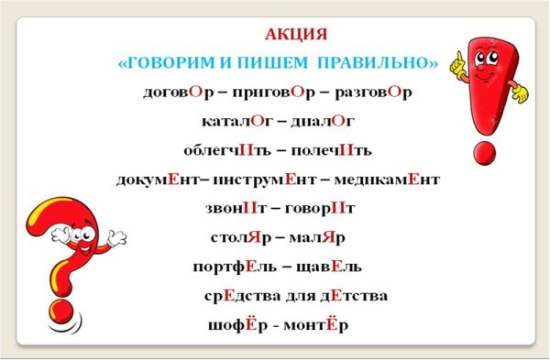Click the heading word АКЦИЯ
(295, 36)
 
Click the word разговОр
(373, 93)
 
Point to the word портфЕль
(233, 267)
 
